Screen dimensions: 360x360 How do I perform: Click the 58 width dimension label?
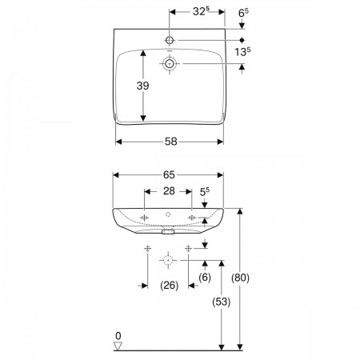pyautogui.click(x=170, y=142)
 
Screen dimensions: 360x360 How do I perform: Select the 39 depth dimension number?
pyautogui.click(x=142, y=86)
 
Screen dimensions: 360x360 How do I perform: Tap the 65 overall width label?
pyautogui.click(x=169, y=175)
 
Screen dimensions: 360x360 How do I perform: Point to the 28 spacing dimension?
pyautogui.click(x=169, y=191)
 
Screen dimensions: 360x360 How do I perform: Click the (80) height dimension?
pyautogui.click(x=240, y=278)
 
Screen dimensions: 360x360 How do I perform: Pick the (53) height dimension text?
pyautogui.click(x=222, y=302)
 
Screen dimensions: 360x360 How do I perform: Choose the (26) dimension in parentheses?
pyautogui.click(x=170, y=286)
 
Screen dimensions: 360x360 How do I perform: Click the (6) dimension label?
pyautogui.click(x=205, y=278)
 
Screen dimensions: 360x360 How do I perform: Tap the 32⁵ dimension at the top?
pyautogui.click(x=201, y=11)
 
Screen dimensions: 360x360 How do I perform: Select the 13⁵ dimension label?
pyautogui.click(x=242, y=51)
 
